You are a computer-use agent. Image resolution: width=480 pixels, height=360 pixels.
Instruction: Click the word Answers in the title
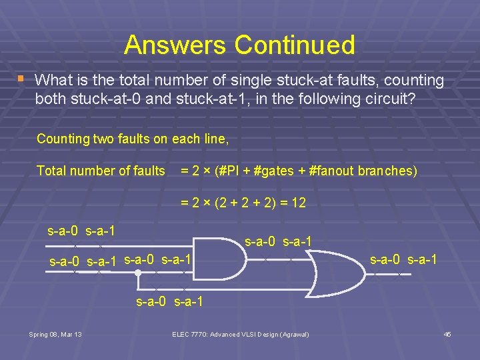click(175, 45)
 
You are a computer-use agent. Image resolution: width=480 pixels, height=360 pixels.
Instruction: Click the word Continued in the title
click(294, 45)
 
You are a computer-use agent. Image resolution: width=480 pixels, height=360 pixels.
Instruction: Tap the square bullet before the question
click(21, 79)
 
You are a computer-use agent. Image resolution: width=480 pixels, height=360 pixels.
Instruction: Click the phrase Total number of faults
click(101, 171)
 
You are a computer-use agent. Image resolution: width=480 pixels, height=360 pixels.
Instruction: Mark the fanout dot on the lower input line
click(137, 272)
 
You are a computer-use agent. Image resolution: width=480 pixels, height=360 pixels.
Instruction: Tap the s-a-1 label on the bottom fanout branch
click(189, 302)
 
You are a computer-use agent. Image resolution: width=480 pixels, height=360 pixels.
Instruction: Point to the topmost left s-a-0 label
click(63, 231)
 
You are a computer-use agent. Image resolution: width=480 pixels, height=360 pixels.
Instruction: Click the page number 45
click(447, 334)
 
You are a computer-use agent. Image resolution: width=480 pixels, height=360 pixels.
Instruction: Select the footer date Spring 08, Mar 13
click(56, 334)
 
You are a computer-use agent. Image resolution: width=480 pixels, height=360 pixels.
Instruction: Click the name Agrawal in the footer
click(293, 334)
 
